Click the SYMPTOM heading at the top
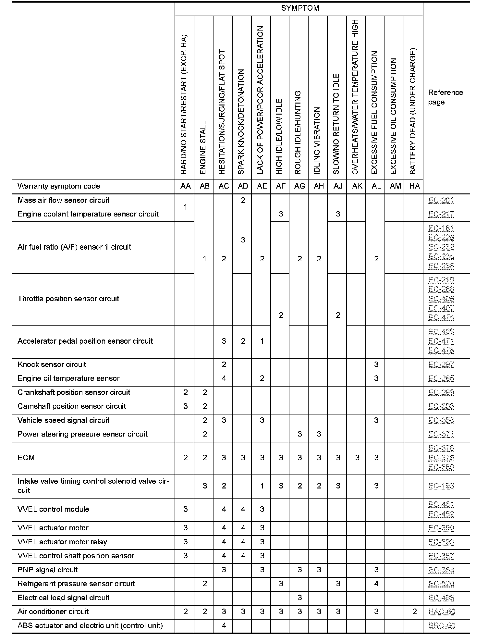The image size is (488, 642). coord(300,8)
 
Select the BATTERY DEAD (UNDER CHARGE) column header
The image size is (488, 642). coord(413,111)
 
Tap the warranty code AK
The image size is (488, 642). coord(357,186)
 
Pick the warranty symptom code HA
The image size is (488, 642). coord(414,186)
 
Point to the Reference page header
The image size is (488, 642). coord(445,97)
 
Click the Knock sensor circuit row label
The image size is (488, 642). coord(52,364)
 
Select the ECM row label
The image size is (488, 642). coord(26,458)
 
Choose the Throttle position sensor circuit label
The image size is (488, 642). coord(68,299)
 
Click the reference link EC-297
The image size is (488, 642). coord(441,364)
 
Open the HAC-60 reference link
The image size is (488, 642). coord(442,612)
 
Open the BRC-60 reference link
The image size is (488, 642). coord(442,626)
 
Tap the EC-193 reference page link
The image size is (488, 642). coord(441,486)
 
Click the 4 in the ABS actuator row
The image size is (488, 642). coord(224,625)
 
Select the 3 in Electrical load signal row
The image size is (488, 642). coord(299,598)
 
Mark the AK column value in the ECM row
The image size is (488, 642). coord(357,458)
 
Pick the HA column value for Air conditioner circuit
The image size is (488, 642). coord(414,612)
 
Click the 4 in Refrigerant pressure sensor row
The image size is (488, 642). coord(376,584)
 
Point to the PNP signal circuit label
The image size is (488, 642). coord(48,570)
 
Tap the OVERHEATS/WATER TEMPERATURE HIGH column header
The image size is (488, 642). coord(355,97)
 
